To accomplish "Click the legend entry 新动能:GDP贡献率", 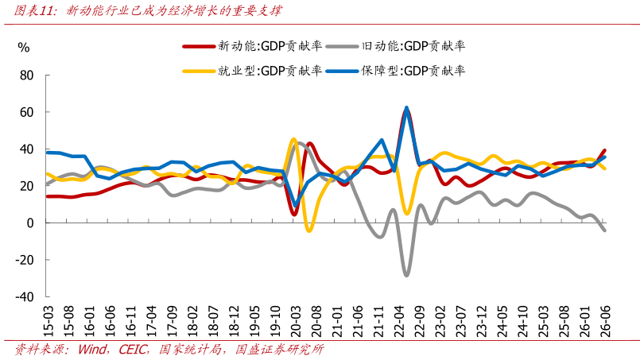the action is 252,46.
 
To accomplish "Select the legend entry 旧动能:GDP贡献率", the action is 395,46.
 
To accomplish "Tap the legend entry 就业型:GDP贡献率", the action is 252,71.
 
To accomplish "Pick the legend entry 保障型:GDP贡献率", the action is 395,71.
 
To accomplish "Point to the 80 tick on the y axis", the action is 27,75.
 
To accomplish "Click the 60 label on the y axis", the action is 27,112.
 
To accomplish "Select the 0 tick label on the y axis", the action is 30,223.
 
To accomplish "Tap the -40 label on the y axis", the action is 24,296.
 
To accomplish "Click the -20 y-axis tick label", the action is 24,260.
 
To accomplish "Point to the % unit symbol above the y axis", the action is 24,48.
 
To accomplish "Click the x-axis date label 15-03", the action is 48,321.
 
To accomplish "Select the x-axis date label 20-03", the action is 296,321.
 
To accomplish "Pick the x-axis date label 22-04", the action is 399,321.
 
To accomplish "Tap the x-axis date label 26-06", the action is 605,321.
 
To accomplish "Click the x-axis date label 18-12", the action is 234,321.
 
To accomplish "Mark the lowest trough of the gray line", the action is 406,275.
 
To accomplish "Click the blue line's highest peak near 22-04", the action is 406,108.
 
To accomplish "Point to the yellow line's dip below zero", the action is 309,230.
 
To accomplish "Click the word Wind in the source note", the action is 92,350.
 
